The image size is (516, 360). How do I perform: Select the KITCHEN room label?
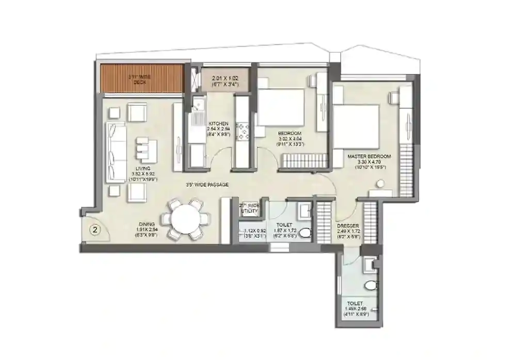coord(218,124)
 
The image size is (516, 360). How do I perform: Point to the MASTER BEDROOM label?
coord(369,156)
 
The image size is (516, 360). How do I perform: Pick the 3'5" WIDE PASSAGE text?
coord(208,184)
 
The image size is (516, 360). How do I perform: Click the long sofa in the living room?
coord(117,152)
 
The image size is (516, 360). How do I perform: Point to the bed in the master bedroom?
coord(356,126)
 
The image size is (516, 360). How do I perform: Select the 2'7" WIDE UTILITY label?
coord(249,208)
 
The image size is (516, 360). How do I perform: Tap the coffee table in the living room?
coord(146,150)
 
